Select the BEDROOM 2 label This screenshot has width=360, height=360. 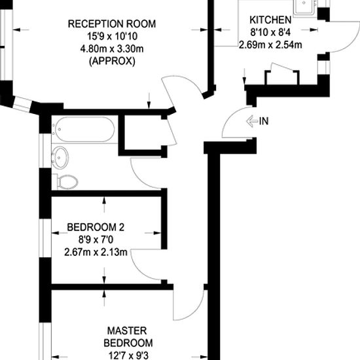pos(96,228)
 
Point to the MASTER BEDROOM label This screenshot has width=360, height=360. pos(128,336)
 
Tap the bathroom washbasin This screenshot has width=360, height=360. pos(60,158)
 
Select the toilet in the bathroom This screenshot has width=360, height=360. pos(67,181)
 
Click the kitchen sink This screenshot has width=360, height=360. pos(304,7)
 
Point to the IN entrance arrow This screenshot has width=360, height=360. pos(252,121)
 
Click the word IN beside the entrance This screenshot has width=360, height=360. pos(265,121)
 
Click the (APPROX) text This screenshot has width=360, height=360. pos(111,62)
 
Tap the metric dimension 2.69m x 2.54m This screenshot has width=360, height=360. pos(270,45)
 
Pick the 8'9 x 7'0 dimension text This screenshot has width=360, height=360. pos(96,240)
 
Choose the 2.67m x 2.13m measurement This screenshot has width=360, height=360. pos(96,252)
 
